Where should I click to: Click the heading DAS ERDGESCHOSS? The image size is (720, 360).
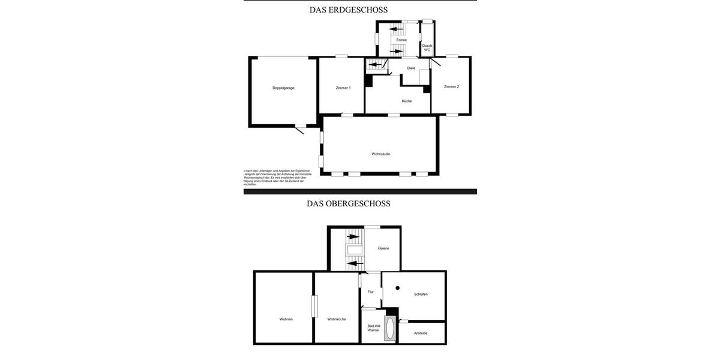pyautogui.click(x=349, y=10)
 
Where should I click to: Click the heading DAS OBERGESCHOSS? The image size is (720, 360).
pyautogui.click(x=349, y=203)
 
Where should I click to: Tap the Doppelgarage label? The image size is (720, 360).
pyautogui.click(x=283, y=88)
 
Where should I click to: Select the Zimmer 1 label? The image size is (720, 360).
pyautogui.click(x=343, y=88)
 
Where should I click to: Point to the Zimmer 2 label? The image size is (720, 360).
pyautogui.click(x=451, y=86)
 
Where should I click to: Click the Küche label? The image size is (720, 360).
pyautogui.click(x=407, y=101)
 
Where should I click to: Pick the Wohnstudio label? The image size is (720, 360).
pyautogui.click(x=380, y=154)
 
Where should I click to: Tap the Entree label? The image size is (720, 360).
pyautogui.click(x=401, y=40)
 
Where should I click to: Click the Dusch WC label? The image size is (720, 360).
pyautogui.click(x=427, y=47)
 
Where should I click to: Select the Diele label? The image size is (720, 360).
pyautogui.click(x=411, y=68)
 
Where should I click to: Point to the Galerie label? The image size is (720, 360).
pyautogui.click(x=383, y=248)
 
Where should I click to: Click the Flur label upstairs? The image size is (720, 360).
pyautogui.click(x=371, y=292)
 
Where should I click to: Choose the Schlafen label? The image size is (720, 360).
pyautogui.click(x=421, y=294)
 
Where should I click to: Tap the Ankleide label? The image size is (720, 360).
pyautogui.click(x=421, y=333)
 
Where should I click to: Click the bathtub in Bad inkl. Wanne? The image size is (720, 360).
pyautogui.click(x=389, y=329)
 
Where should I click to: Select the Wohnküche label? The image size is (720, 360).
pyautogui.click(x=337, y=319)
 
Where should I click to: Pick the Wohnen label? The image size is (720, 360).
pyautogui.click(x=286, y=319)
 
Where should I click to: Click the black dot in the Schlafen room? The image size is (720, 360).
pyautogui.click(x=397, y=288)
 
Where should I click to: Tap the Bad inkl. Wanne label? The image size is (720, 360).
pyautogui.click(x=374, y=328)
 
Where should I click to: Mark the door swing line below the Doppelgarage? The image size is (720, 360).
pyautogui.click(x=299, y=130)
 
